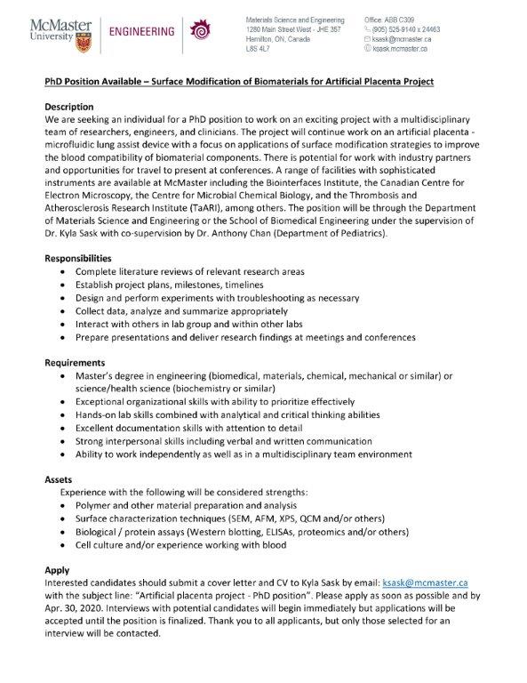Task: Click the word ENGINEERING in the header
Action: (x=141, y=32)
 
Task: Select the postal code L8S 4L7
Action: (x=260, y=49)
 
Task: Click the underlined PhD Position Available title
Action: (x=239, y=81)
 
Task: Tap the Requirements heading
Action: (x=78, y=363)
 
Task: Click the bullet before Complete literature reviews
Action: (x=61, y=270)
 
